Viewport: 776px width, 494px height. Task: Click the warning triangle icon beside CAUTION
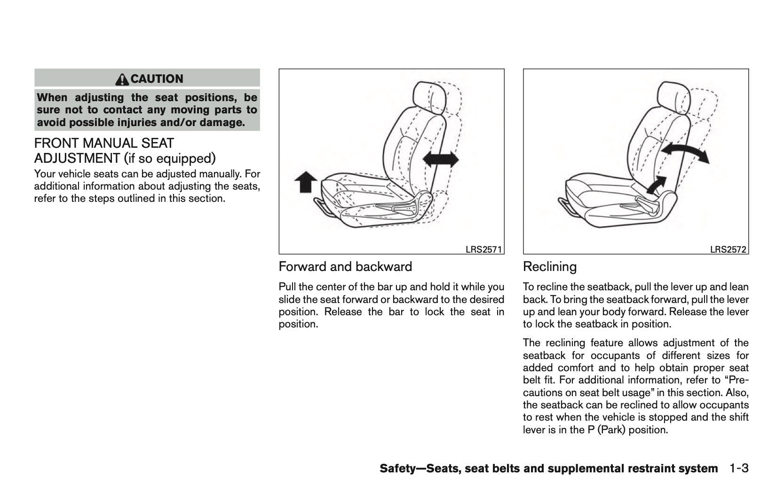pos(123,79)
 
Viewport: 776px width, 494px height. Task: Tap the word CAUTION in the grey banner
pos(157,79)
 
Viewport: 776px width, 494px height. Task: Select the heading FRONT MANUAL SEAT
pos(104,143)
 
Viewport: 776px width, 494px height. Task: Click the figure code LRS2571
pos(483,250)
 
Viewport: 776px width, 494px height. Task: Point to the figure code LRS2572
pos(728,250)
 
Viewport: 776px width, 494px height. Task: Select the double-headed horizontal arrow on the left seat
pos(441,159)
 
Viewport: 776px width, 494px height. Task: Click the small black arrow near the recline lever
pos(657,184)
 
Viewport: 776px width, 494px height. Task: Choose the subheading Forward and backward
pos(345,267)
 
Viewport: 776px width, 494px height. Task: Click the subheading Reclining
pos(549,267)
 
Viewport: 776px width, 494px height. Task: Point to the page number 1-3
pos(739,469)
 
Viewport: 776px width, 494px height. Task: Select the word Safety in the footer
pos(396,469)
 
